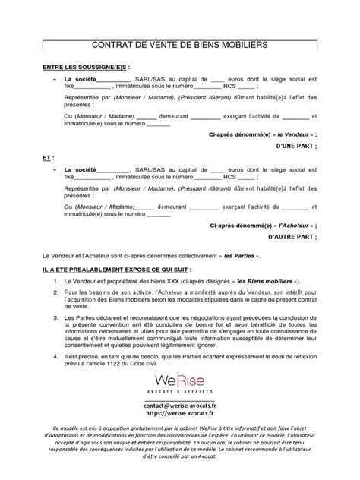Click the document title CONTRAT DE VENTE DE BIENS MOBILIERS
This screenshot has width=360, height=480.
point(180,46)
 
